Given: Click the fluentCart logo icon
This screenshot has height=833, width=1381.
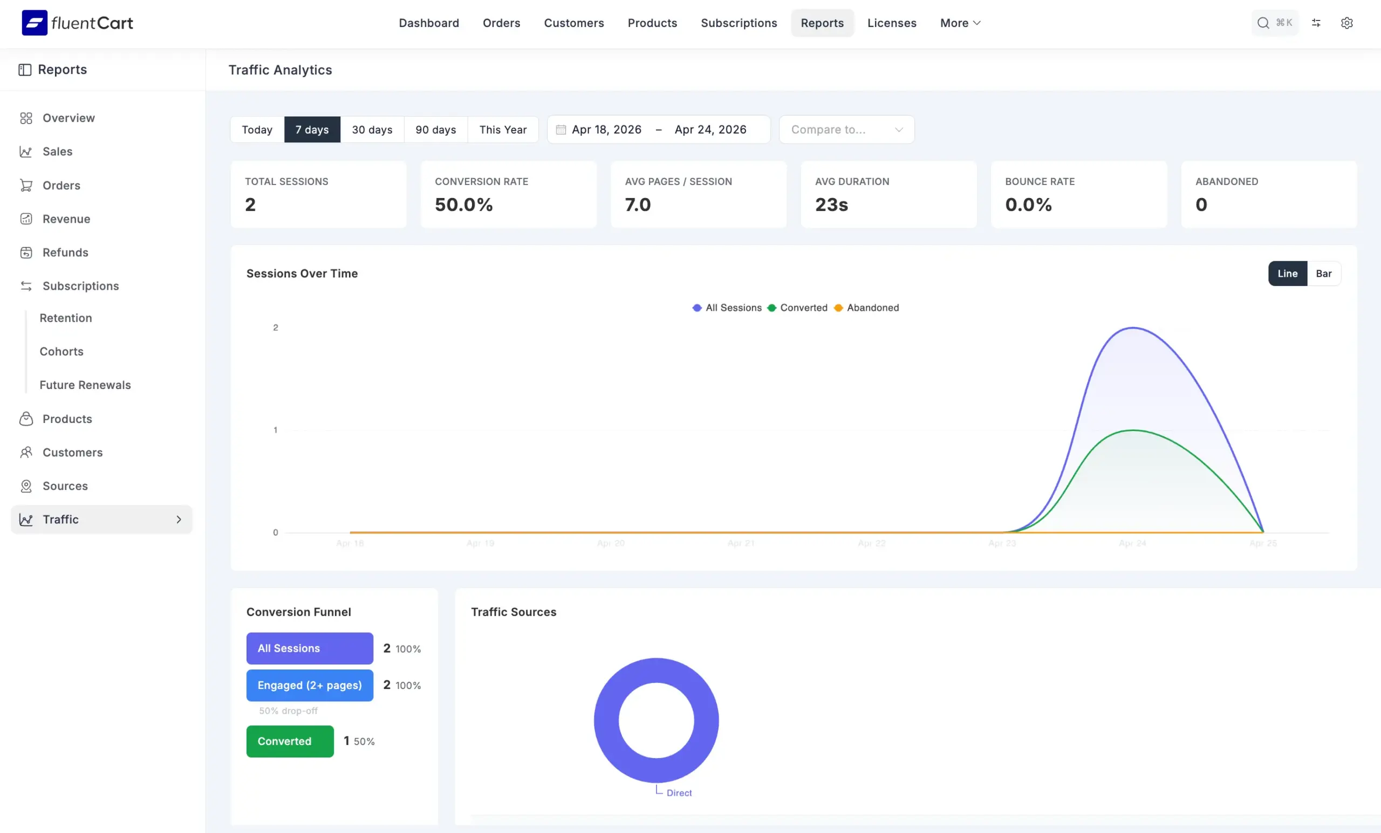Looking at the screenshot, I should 34,23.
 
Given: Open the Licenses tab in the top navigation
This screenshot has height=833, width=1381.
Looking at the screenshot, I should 891,23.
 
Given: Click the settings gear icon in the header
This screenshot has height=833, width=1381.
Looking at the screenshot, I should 1346,23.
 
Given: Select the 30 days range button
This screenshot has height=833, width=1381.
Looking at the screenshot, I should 372,129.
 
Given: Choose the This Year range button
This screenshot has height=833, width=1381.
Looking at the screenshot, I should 503,129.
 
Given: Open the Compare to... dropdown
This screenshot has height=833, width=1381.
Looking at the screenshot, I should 846,129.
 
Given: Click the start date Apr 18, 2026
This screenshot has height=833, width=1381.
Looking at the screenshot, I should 606,129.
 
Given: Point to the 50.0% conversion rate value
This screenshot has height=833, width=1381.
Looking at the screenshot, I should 463,204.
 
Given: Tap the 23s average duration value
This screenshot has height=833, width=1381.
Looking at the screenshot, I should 831,204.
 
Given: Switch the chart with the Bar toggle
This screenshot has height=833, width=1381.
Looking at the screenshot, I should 1323,274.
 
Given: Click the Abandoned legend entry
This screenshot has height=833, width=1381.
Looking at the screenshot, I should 872,308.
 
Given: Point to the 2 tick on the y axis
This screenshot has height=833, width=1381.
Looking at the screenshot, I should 275,327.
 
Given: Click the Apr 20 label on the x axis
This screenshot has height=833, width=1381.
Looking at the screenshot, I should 610,543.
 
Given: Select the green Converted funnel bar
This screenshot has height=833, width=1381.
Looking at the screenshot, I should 290,741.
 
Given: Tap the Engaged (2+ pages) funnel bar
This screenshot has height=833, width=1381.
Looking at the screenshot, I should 310,685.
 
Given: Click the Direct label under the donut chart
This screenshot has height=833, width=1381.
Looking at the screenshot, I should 679,793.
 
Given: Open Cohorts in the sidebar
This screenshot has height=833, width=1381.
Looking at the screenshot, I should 61,351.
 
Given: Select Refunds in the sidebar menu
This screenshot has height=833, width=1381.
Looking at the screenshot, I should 65,252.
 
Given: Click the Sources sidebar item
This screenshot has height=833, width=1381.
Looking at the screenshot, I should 65,486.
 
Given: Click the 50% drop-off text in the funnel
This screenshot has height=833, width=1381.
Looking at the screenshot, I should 288,711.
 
